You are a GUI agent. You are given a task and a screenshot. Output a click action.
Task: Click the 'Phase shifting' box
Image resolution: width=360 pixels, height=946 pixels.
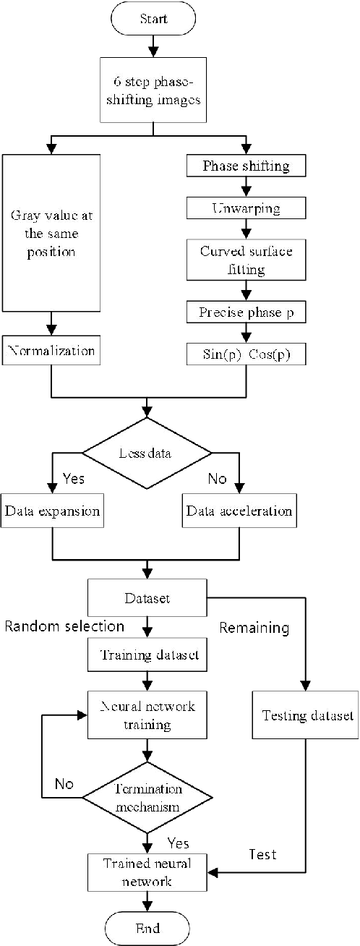tap(247, 166)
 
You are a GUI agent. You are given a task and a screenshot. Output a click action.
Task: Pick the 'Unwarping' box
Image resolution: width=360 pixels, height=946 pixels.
tap(247, 209)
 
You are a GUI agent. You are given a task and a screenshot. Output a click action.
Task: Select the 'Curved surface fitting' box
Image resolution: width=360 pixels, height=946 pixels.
tap(247, 260)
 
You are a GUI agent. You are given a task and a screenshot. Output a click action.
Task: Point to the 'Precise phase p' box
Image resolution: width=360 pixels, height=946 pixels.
tap(247, 312)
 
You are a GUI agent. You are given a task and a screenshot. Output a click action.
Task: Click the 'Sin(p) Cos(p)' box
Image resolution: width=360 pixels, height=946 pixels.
tap(247, 355)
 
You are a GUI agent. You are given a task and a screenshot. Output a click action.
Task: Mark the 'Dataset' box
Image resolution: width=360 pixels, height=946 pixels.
tap(147, 599)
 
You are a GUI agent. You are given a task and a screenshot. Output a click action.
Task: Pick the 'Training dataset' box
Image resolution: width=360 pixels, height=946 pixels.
tap(147, 655)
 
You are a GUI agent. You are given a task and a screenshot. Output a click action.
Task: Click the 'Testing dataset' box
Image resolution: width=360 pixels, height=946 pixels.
tap(307, 715)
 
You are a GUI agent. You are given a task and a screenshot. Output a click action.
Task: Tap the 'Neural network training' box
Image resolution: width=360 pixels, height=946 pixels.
tap(147, 715)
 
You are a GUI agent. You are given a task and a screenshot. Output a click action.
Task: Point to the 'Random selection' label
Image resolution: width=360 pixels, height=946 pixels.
tap(65, 626)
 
